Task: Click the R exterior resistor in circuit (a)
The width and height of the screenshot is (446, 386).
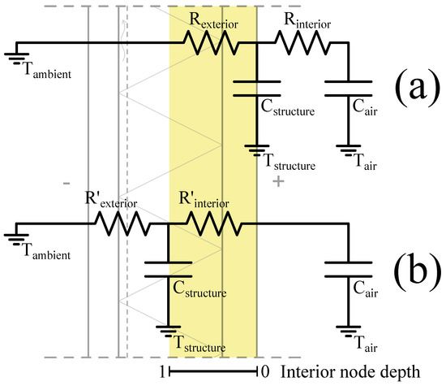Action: point(213,44)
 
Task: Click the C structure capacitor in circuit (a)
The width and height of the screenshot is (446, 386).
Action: point(256,87)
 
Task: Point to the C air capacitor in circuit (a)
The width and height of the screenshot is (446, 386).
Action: point(348,87)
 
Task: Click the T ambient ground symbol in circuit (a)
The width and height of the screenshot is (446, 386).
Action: point(16,58)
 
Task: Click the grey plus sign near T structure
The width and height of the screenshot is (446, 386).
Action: point(279,182)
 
